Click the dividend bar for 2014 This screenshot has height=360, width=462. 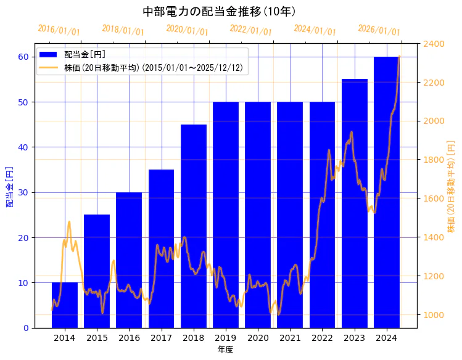click(65, 305)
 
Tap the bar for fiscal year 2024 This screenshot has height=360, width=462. click(386, 192)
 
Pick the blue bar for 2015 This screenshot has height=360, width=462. click(97, 271)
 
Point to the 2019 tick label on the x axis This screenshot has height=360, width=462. click(225, 338)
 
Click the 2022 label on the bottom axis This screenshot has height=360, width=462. click(322, 338)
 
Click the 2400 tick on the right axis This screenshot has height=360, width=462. click(434, 44)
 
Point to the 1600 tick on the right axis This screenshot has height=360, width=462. click(434, 198)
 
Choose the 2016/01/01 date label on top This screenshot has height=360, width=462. click(59, 30)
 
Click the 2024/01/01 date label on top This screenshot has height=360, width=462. click(315, 30)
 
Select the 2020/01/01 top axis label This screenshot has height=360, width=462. click(187, 30)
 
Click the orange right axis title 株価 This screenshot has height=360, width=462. click(451, 185)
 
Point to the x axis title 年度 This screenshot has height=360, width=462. click(225, 350)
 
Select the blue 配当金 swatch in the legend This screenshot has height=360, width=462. click(49, 54)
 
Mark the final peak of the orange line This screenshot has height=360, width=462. click(399, 56)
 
